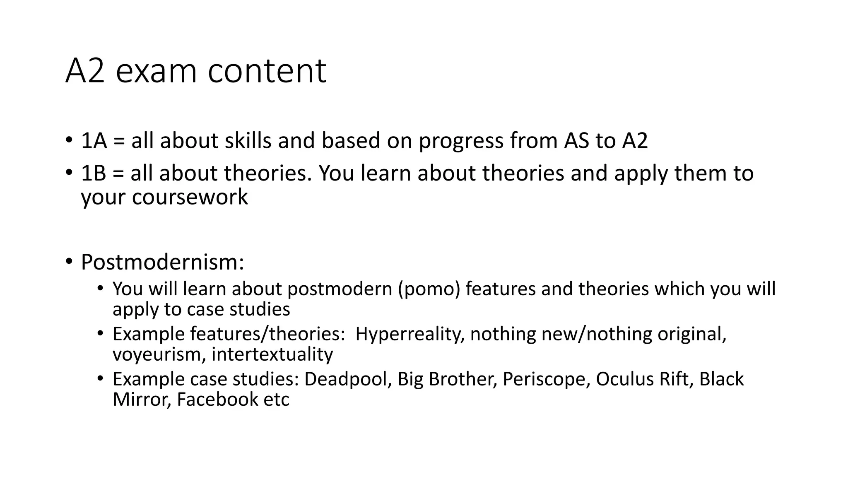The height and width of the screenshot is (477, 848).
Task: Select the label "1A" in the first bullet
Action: click(94, 141)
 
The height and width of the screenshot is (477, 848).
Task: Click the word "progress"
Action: click(461, 142)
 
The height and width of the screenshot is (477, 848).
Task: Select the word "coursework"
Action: click(190, 197)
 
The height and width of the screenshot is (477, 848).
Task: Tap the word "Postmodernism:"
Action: click(162, 262)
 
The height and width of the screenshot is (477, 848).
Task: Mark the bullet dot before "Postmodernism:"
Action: click(69, 262)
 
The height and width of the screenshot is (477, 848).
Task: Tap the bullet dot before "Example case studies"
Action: click(100, 378)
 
